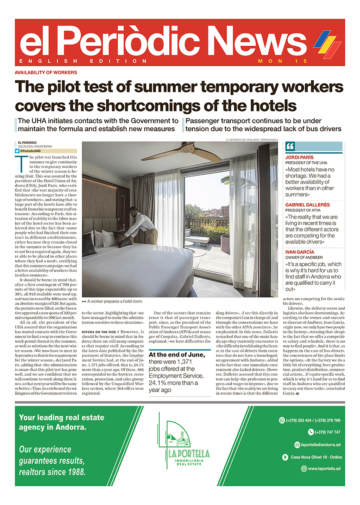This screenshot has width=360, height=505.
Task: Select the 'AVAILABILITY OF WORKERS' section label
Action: point(46,72)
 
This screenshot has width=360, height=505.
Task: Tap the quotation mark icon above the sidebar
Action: point(290,146)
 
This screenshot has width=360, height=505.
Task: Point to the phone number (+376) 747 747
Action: point(324,432)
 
